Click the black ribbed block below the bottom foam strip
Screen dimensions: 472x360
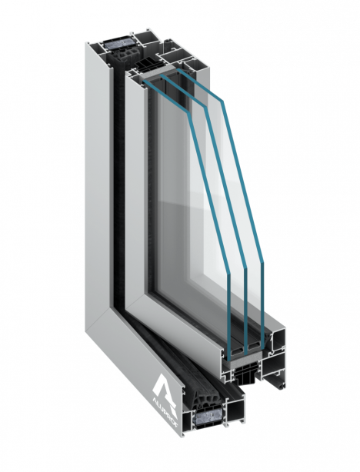[246, 376]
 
